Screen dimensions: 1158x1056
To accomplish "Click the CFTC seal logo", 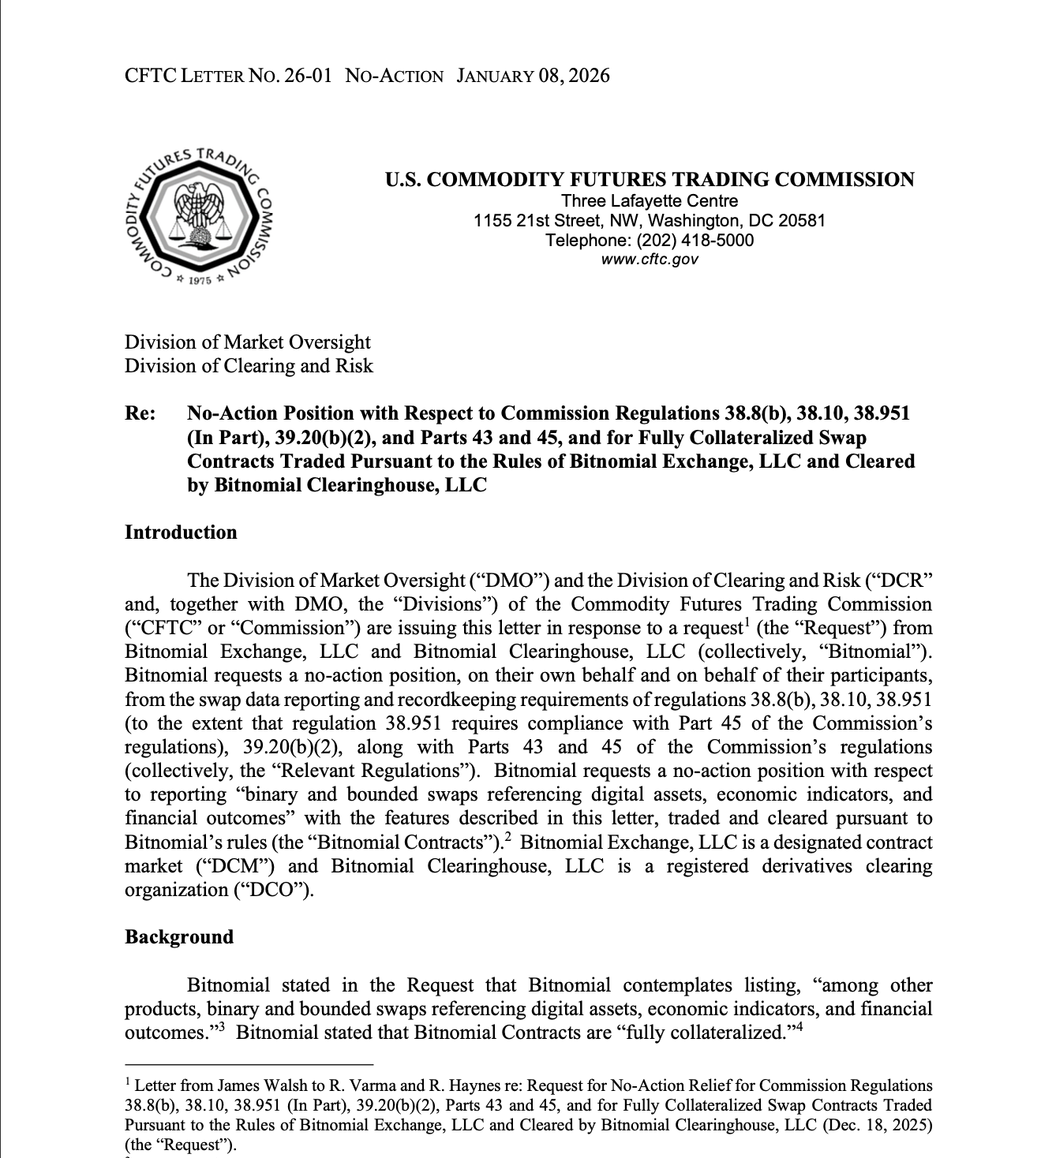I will pyautogui.click(x=200, y=217).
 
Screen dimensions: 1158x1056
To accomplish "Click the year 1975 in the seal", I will pyautogui.click(x=200, y=280).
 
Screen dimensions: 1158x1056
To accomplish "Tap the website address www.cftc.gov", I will pyautogui.click(x=650, y=259).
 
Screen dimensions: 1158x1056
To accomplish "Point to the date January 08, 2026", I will pyautogui.click(x=533, y=76).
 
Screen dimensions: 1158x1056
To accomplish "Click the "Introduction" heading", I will pyautogui.click(x=181, y=532).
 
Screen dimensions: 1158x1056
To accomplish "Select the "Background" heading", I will pyautogui.click(x=179, y=937).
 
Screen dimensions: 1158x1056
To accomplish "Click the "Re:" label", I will pyautogui.click(x=140, y=413).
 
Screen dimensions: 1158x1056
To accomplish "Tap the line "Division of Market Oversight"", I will pyautogui.click(x=247, y=342).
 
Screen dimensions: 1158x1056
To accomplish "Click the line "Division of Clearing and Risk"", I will pyautogui.click(x=249, y=366).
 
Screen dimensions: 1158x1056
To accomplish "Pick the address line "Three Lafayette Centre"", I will pyautogui.click(x=650, y=201).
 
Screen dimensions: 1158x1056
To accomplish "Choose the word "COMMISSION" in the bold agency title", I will pyautogui.click(x=844, y=180).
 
